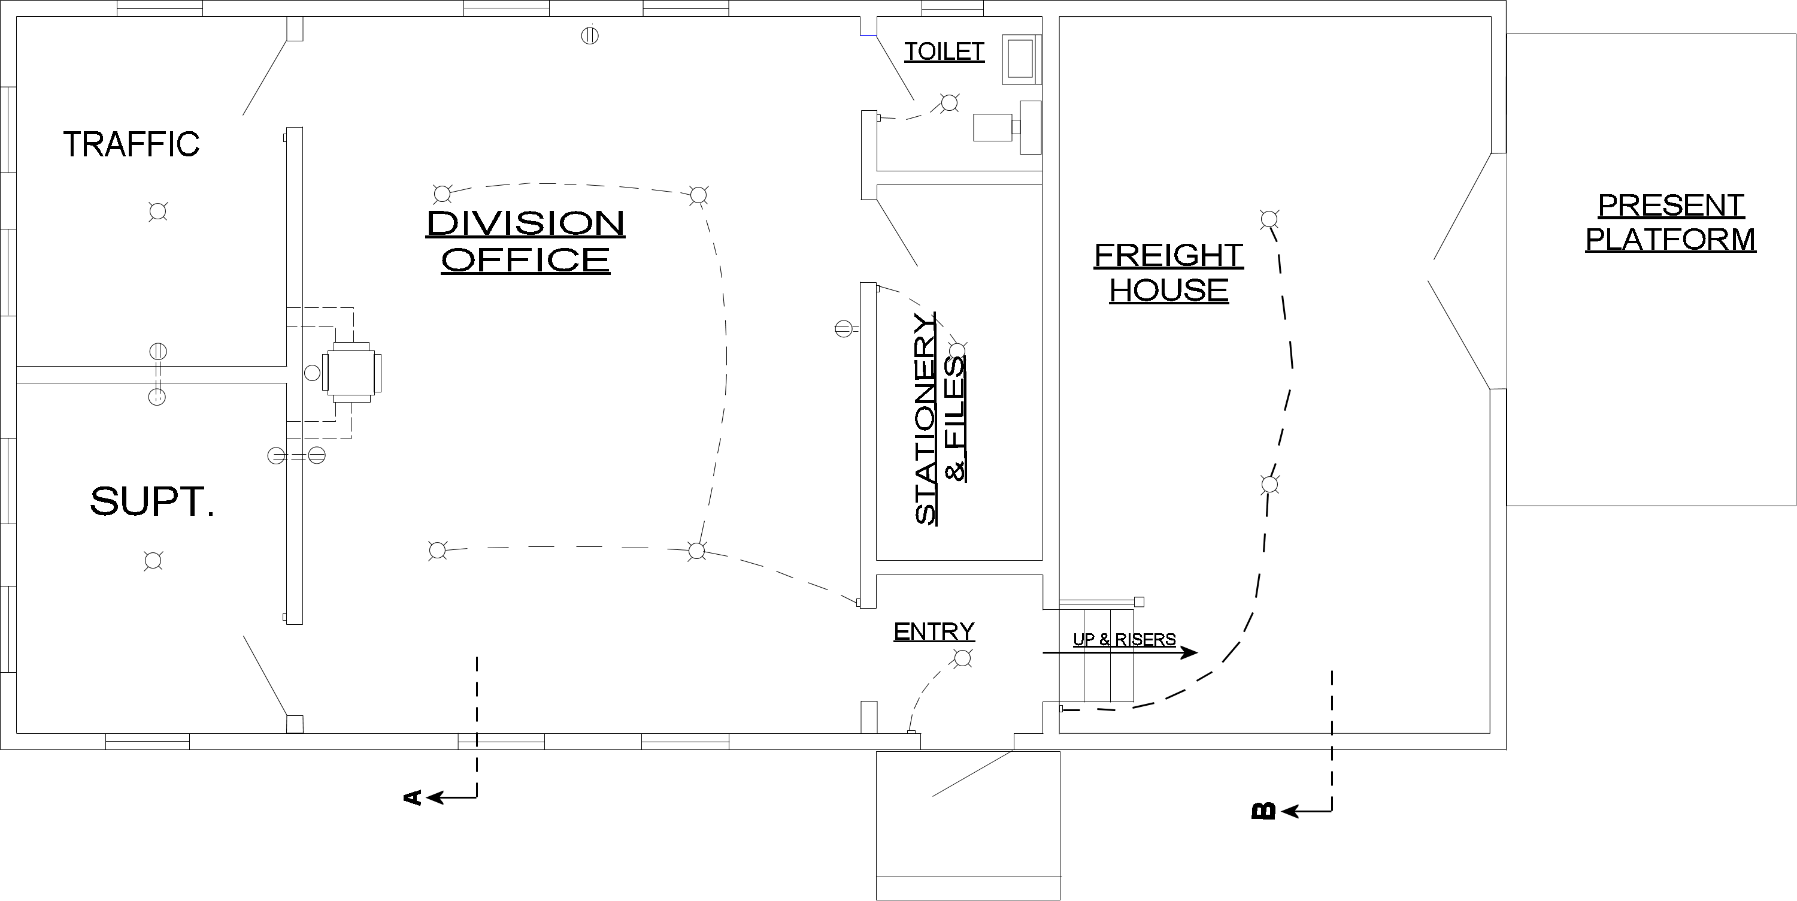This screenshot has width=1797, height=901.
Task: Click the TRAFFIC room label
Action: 131,144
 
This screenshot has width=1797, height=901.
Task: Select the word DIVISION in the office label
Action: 525,223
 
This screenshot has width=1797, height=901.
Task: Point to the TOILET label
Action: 944,51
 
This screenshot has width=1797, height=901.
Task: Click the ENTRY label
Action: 934,631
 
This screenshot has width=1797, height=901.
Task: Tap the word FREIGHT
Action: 1168,255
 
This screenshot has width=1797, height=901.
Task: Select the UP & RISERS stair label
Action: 1124,639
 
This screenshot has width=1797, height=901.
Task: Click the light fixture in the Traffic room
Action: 158,211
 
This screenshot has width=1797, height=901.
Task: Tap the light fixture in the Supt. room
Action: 153,560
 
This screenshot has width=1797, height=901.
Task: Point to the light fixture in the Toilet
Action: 948,102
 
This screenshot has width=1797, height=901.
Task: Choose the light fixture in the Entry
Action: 963,657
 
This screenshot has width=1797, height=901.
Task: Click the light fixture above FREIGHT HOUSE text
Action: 1269,220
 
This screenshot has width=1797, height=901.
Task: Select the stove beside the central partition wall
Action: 351,372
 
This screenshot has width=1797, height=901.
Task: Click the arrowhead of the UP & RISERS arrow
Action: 1190,653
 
